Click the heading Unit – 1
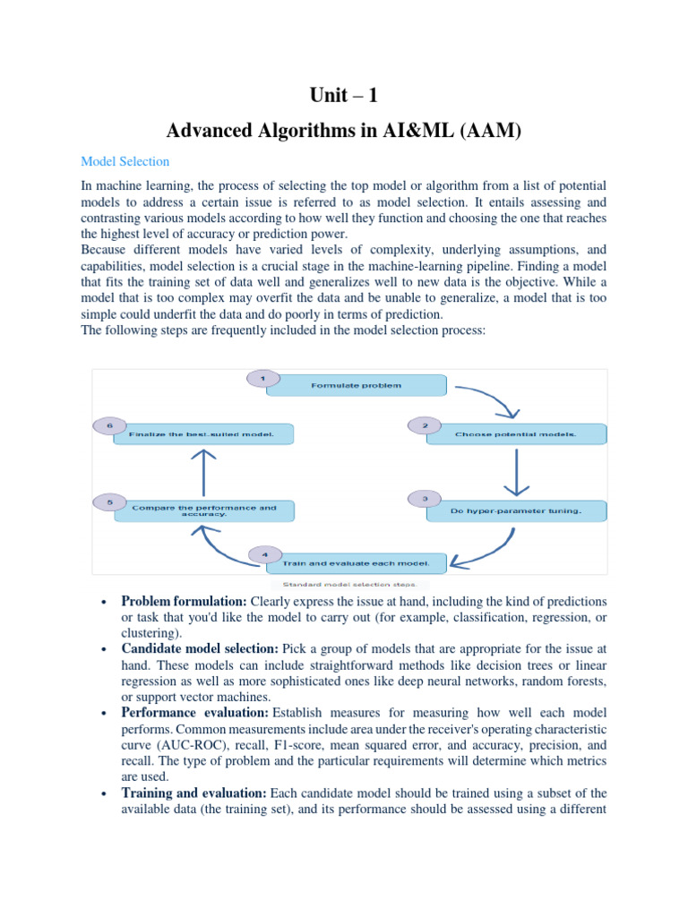tap(344, 96)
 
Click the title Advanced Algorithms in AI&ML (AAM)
tap(344, 132)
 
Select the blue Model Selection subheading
tap(125, 162)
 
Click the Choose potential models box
tap(516, 434)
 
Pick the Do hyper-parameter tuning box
tap(516, 512)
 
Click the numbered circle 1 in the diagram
tap(262, 378)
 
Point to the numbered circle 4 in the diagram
tap(264, 554)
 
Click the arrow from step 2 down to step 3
tap(516, 473)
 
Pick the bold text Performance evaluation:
tap(194, 713)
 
